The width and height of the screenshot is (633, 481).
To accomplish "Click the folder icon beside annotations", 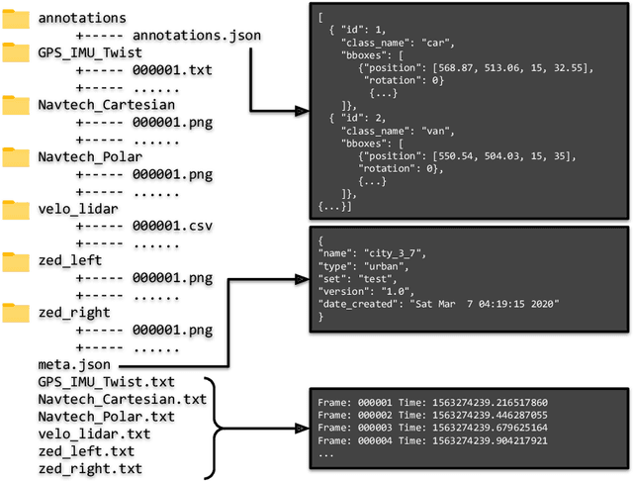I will point(16,19).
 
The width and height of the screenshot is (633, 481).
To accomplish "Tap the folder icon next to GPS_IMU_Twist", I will point(16,53).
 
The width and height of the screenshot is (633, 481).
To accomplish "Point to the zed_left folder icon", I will point(16,261).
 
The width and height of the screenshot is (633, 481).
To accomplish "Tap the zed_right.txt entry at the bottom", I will point(89,468).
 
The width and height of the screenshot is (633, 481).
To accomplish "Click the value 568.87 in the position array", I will point(451,68).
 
